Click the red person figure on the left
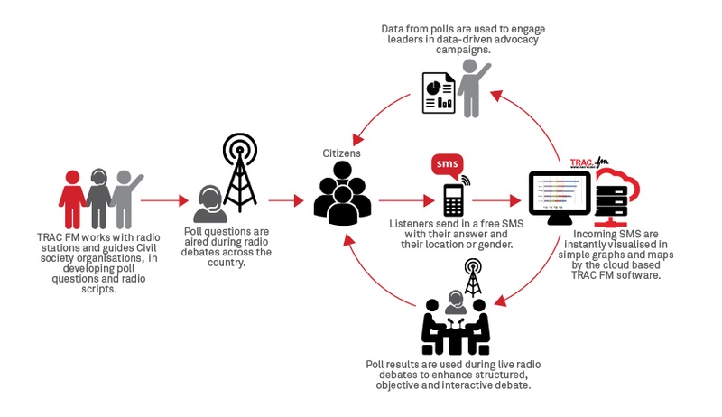tap(72, 199)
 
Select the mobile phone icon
tap(454, 199)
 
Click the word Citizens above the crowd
tap(341, 153)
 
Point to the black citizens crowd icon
tap(342, 193)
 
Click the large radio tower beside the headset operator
tap(239, 172)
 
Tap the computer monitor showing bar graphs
tap(560, 197)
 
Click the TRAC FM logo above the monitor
tap(589, 162)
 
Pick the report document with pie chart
tap(439, 93)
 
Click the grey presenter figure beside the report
tap(473, 88)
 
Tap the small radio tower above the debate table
tap(473, 277)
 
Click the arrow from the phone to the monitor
tap(496, 200)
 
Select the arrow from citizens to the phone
tap(407, 200)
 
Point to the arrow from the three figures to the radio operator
tap(164, 200)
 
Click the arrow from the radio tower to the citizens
tap(286, 200)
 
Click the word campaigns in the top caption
tap(463, 50)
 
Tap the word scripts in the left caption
tap(98, 289)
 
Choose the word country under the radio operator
tap(227, 263)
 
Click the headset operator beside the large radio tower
tap(210, 204)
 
